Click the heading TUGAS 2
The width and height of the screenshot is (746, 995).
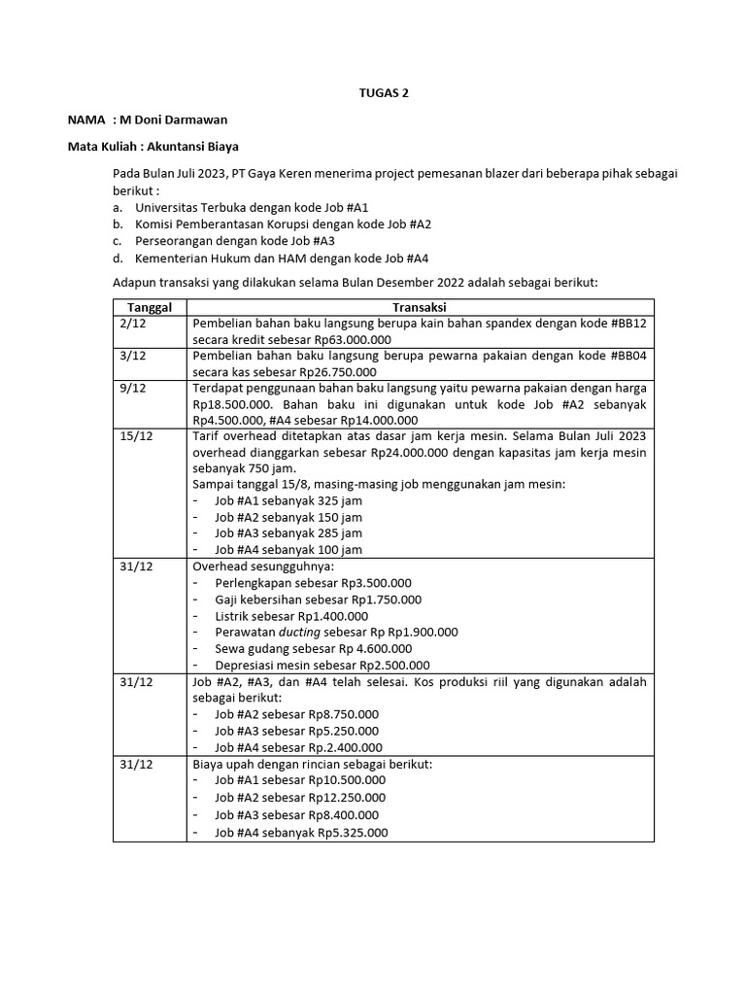[x=373, y=93]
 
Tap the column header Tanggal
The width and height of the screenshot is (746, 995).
[x=151, y=307]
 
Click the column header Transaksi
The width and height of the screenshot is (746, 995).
[x=420, y=307]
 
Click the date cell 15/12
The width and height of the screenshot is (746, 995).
[x=136, y=436]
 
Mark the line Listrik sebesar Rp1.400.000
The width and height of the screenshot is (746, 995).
[x=291, y=615]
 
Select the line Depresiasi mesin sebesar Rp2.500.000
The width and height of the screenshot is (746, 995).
[x=322, y=665]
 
